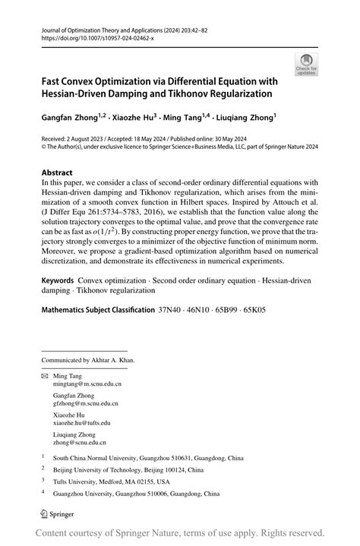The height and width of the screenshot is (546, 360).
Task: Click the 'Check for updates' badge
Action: click(x=306, y=64)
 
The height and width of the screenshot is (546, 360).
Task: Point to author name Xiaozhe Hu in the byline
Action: click(x=133, y=118)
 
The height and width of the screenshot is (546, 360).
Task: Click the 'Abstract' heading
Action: click(x=58, y=172)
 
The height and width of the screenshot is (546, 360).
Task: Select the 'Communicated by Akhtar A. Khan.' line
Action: click(x=88, y=359)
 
